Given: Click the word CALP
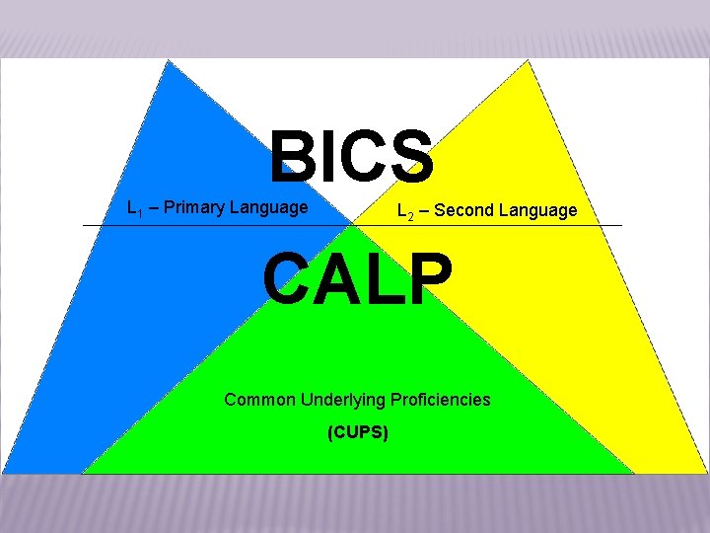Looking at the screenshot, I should pos(358,279).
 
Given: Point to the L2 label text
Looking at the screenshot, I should pos(404,210).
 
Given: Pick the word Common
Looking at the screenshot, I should pos(259,400).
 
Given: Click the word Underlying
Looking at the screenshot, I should pos(342,400).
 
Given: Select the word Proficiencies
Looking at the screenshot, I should pos(440,400).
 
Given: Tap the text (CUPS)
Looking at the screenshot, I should pos(357,432).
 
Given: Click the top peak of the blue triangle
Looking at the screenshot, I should pos(170,61).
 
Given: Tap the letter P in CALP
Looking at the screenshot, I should pos(431,279).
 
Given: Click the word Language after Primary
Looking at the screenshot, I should pos(268,207).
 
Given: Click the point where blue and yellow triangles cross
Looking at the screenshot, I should pos(351,226).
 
